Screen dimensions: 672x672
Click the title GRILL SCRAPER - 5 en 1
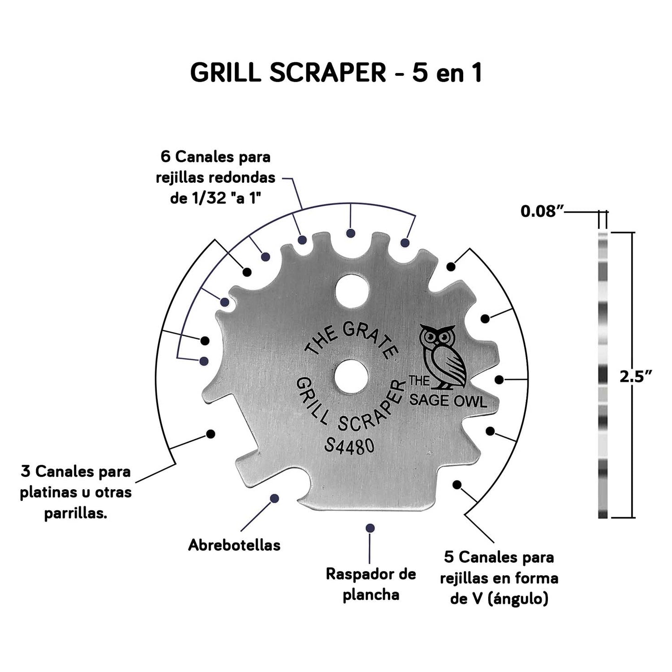pos(336,73)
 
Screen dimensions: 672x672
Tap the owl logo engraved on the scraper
pos(442,356)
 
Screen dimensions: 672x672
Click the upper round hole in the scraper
pos(352,289)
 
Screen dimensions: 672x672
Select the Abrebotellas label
pos(234,545)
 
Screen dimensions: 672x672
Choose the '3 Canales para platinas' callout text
pos(76,492)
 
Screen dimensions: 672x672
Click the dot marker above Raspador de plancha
pos(370,528)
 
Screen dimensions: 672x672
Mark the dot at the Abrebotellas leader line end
pos(274,498)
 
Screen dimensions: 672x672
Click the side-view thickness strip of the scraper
pos(603,374)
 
